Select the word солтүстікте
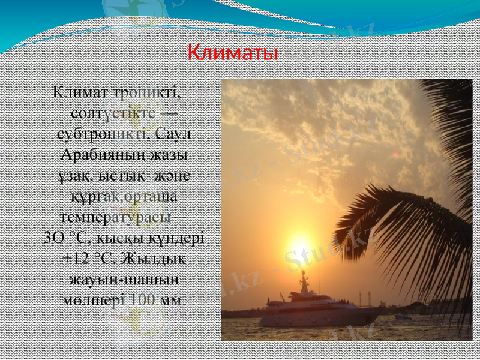coord(114,113)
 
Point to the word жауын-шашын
coord(125,279)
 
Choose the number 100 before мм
coord(143,299)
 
